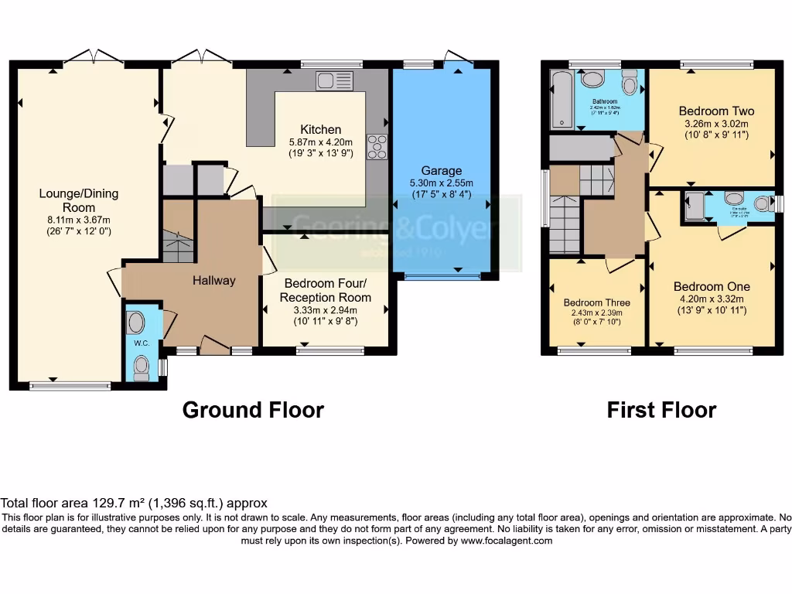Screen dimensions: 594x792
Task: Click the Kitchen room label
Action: pos(320,129)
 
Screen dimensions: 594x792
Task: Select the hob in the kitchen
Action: pos(377,147)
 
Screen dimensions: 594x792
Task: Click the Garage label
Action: pos(442,170)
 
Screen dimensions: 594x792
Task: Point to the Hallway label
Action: pos(213,280)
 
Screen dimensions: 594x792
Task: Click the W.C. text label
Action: pos(141,343)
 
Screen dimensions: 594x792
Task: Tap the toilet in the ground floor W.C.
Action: pos(141,368)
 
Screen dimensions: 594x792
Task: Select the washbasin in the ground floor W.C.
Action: pos(135,322)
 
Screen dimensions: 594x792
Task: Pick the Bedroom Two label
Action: pos(716,111)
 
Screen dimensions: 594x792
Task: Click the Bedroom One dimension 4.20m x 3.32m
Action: pos(712,299)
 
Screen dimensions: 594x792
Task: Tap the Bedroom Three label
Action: pos(596,302)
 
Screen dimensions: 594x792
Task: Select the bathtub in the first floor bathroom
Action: pos(560,99)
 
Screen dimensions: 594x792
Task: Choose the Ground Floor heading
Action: pos(253,409)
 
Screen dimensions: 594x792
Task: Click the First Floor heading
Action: pos(661,409)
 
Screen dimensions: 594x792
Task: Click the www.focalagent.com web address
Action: pos(507,541)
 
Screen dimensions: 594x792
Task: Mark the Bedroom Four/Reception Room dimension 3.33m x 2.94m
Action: pos(325,310)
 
